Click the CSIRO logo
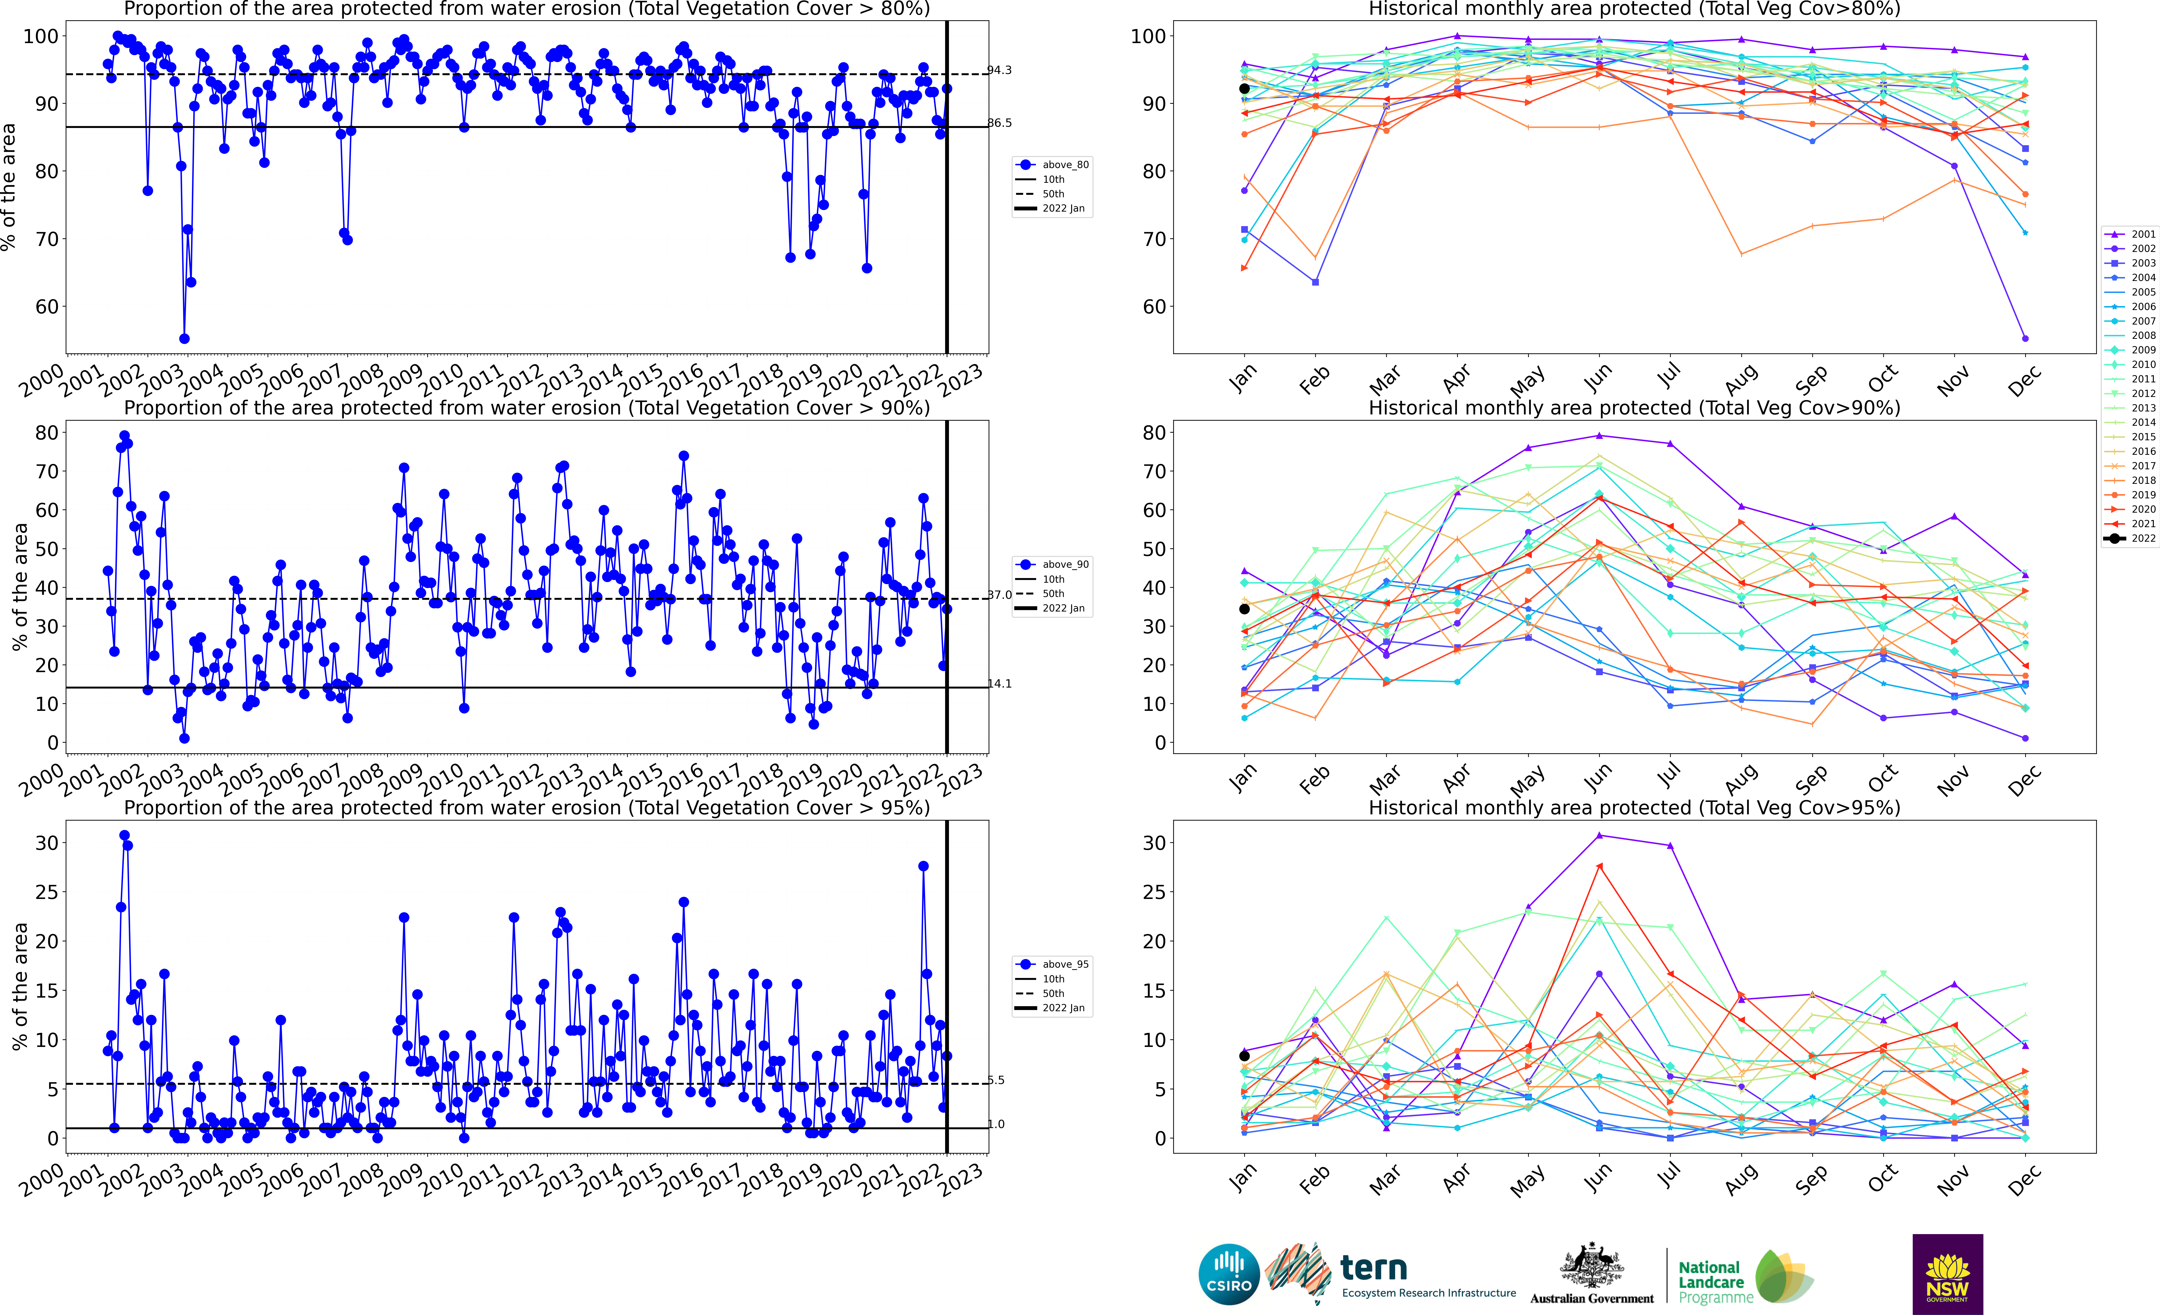[1229, 1274]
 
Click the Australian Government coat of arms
[1591, 1267]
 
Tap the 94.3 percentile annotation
[999, 70]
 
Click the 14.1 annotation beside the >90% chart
[999, 684]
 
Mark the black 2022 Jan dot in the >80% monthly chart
[1244, 89]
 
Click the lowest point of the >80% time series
[184, 338]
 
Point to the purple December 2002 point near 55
[2025, 338]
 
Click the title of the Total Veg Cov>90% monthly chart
[1634, 408]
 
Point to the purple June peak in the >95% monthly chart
[1599, 836]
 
